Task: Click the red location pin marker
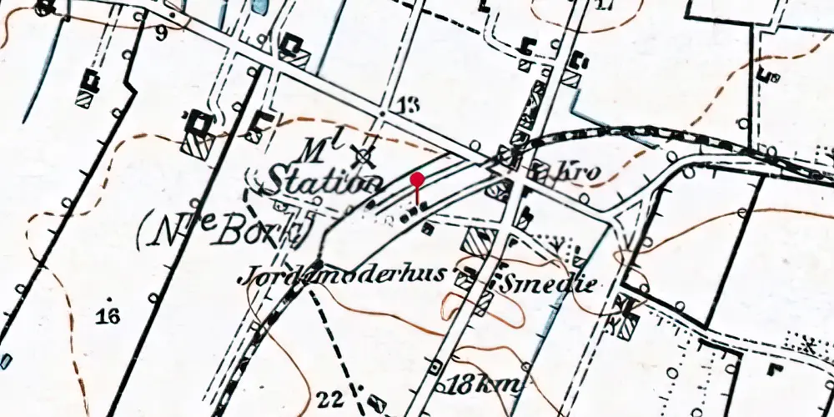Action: [418, 180]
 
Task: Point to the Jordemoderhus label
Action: [352, 276]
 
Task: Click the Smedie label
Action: [549, 284]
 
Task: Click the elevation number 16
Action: [108, 315]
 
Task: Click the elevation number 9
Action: [160, 34]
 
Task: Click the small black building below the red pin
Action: [427, 227]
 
